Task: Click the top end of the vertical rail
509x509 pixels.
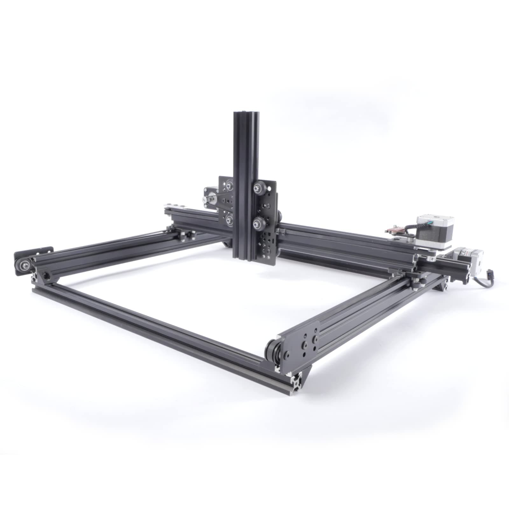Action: point(246,113)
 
